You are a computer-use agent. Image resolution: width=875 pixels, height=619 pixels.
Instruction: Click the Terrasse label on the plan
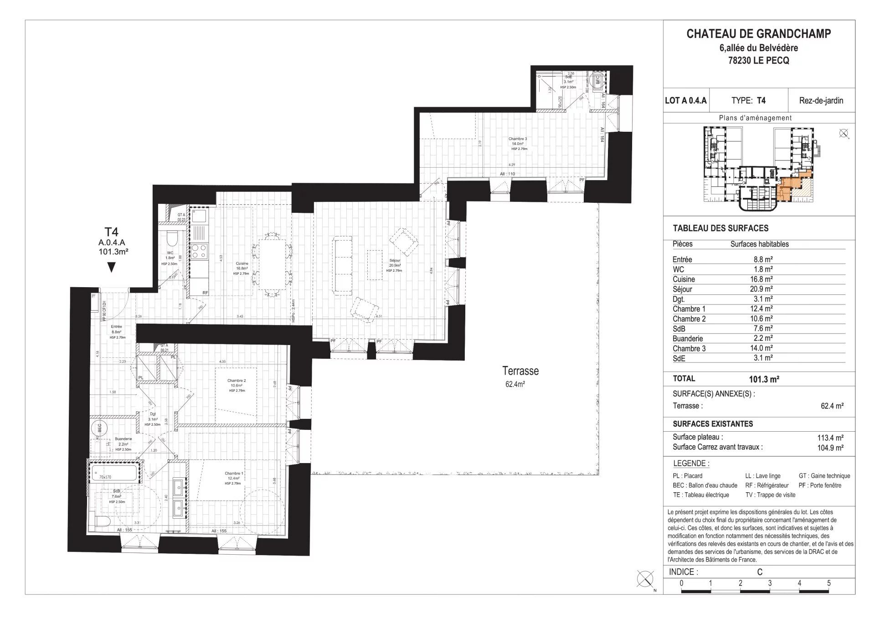(x=520, y=371)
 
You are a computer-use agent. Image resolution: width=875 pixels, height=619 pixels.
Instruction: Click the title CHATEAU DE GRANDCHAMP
(x=758, y=34)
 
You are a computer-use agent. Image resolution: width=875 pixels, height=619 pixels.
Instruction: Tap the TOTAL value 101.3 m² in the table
(x=764, y=379)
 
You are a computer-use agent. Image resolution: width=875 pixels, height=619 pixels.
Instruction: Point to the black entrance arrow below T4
(x=111, y=268)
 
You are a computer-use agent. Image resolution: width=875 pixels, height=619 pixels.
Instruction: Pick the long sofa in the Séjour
(x=343, y=265)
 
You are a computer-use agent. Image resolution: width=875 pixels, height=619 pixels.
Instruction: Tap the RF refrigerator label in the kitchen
(x=206, y=293)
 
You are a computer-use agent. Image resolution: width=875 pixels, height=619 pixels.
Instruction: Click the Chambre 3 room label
(x=518, y=139)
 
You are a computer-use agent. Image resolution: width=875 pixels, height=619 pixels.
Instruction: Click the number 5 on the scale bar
(x=829, y=583)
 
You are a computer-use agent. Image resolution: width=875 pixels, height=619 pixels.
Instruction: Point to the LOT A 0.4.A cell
(x=686, y=101)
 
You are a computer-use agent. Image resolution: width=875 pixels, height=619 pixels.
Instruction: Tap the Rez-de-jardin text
(x=821, y=101)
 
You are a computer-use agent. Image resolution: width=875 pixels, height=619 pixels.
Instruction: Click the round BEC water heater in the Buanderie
(x=99, y=428)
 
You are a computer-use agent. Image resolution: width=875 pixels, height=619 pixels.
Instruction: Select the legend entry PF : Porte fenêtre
(x=820, y=485)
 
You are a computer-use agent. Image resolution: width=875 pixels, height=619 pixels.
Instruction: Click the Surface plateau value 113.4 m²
(x=830, y=438)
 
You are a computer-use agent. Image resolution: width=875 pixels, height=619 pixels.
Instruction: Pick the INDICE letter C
(x=759, y=572)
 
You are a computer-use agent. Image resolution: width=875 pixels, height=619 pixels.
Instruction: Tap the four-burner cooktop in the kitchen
(x=200, y=250)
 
